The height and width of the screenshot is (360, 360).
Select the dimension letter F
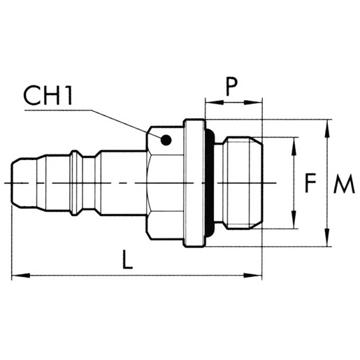tap(311, 183)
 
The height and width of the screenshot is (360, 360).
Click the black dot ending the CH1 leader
tap(166, 138)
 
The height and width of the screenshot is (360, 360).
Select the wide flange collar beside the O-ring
tap(194, 183)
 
